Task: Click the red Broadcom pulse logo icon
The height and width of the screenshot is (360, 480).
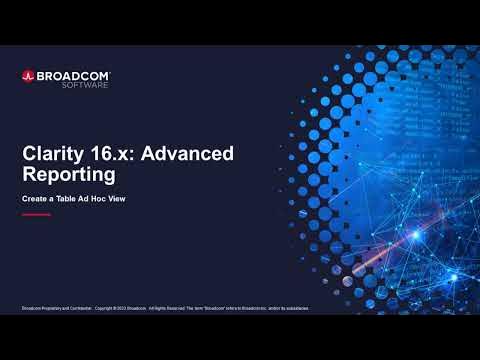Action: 28,75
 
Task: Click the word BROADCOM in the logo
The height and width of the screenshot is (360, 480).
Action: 73,74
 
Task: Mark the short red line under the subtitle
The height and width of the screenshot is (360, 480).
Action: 35,214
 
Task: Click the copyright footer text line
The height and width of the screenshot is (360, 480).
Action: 165,308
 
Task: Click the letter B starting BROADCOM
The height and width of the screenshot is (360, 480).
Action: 42,74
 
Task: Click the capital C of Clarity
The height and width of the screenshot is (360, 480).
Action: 30,153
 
